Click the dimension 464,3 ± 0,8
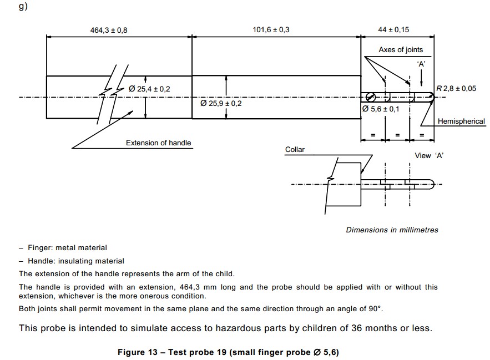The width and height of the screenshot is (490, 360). (109, 30)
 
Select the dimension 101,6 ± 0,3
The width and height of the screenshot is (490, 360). (271, 30)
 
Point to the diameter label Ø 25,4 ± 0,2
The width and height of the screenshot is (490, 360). (149, 89)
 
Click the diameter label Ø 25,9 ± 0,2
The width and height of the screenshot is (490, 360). (221, 103)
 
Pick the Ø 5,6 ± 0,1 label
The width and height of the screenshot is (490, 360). (381, 109)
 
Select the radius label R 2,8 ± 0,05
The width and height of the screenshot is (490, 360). (456, 88)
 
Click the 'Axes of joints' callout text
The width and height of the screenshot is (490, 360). (401, 50)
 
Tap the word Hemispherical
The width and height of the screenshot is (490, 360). (461, 121)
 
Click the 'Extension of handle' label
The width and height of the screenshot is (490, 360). (158, 143)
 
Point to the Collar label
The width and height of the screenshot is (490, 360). (295, 150)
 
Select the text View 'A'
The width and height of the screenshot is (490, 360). (429, 156)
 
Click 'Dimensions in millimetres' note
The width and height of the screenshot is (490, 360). (392, 230)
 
